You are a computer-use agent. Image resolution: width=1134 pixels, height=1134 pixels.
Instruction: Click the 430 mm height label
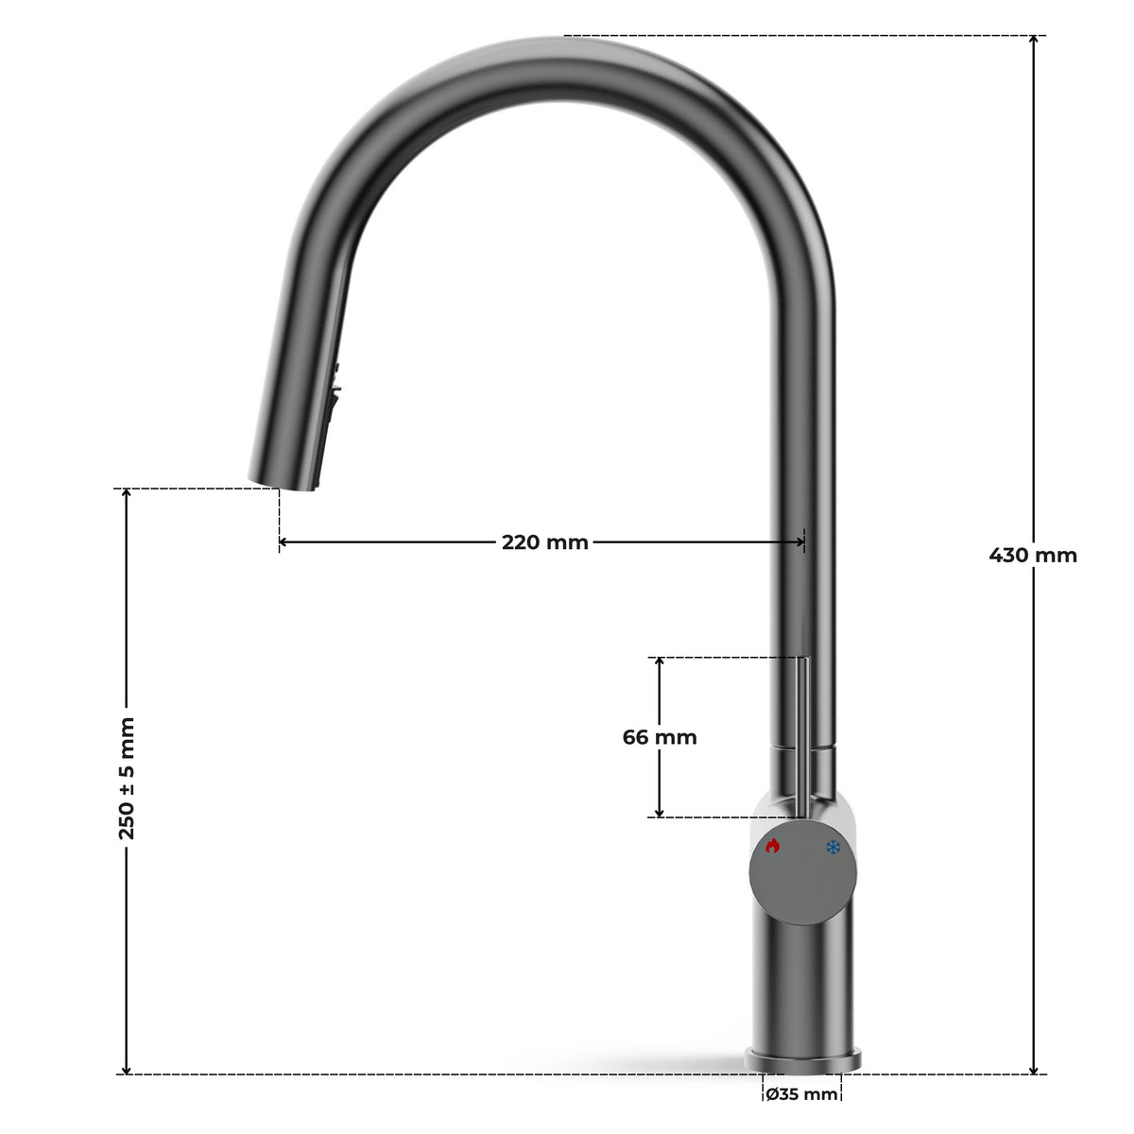click(1032, 555)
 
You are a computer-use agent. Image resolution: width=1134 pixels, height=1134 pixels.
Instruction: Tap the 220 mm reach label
click(545, 542)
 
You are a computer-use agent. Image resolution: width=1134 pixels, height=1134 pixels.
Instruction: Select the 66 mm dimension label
click(660, 737)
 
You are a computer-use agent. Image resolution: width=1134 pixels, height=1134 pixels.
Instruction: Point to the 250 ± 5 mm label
click(127, 778)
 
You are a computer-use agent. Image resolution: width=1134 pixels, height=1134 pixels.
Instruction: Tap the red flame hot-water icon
click(772, 846)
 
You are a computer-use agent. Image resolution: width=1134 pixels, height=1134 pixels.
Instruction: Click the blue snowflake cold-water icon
click(833, 848)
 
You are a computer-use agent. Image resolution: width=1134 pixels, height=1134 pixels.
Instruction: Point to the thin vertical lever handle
click(802, 736)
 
